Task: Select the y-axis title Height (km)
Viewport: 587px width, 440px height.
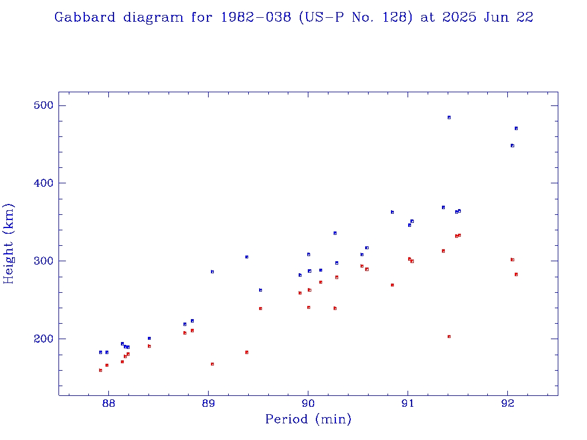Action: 9,243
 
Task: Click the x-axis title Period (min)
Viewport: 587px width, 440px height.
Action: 308,419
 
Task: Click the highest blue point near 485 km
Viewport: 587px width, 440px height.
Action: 449,117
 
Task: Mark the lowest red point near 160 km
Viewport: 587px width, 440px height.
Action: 100,370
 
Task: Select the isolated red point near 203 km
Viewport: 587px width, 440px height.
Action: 449,336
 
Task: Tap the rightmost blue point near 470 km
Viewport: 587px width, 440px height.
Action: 516,128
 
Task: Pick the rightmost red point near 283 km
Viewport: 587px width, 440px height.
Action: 516,274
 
